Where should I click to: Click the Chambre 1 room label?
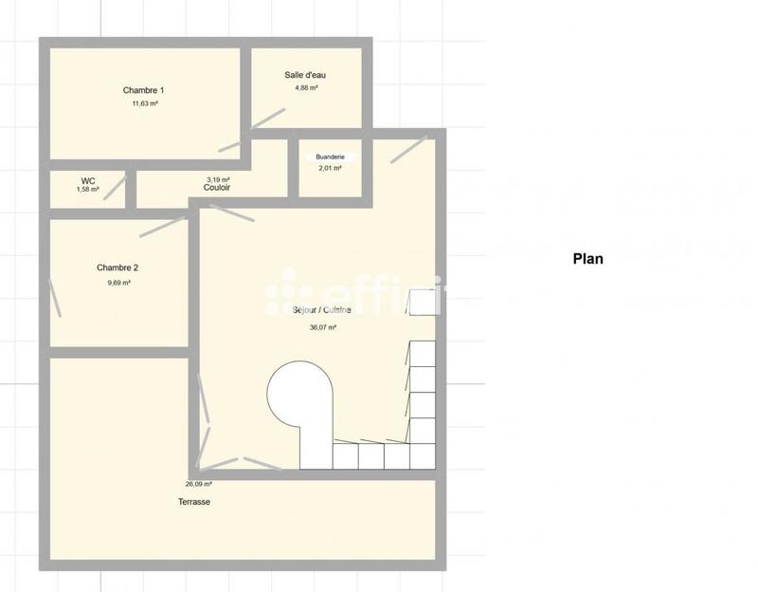click(144, 90)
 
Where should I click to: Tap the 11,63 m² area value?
click(145, 103)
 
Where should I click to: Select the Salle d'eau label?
click(306, 75)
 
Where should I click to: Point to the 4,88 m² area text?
click(306, 88)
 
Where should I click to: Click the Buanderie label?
click(331, 156)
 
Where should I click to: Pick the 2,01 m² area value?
click(330, 168)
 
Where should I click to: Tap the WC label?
click(88, 179)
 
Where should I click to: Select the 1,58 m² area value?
click(88, 190)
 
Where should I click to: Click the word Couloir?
click(218, 188)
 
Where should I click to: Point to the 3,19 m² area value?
click(218, 178)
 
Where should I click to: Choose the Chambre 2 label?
click(117, 268)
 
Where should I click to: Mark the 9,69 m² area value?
click(118, 283)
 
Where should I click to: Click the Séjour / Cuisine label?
click(322, 311)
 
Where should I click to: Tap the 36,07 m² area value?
click(323, 327)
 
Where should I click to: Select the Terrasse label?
click(194, 502)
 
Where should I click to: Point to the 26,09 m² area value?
click(199, 484)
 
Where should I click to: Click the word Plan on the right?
click(587, 258)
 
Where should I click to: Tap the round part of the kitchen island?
click(299, 393)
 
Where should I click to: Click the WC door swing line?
click(115, 188)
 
